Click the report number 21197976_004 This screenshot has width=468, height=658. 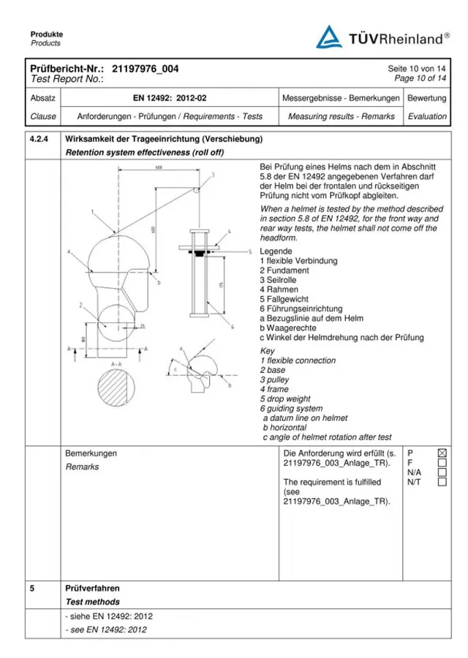tap(146, 69)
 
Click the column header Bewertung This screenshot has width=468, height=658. tap(427, 98)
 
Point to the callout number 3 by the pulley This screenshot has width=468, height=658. tap(213, 175)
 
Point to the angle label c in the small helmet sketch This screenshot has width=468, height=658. tap(175, 369)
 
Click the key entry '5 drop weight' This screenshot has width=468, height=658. tap(285, 399)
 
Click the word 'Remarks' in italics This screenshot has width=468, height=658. tap(82, 466)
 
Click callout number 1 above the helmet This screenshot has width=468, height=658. tap(93, 212)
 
